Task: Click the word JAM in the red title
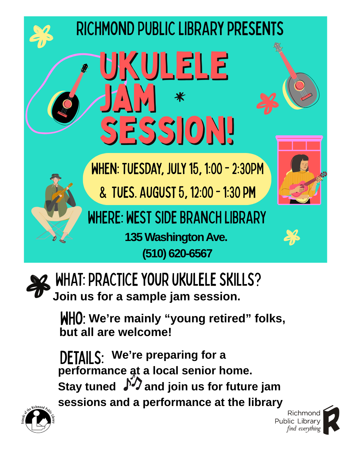(x=128, y=98)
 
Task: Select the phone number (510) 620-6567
(x=177, y=253)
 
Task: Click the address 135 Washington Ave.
(x=176, y=237)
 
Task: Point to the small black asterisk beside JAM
(x=180, y=97)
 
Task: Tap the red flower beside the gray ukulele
(x=268, y=104)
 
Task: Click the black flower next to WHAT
(x=38, y=286)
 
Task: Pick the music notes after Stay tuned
(x=133, y=382)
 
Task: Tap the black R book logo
(x=331, y=420)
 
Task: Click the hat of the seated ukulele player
(x=56, y=177)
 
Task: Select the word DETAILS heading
(x=82, y=358)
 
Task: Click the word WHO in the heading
(x=72, y=318)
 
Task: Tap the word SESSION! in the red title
(x=167, y=130)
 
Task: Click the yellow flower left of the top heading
(x=41, y=36)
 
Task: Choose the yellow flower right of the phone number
(x=292, y=237)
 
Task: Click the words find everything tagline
(x=304, y=428)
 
